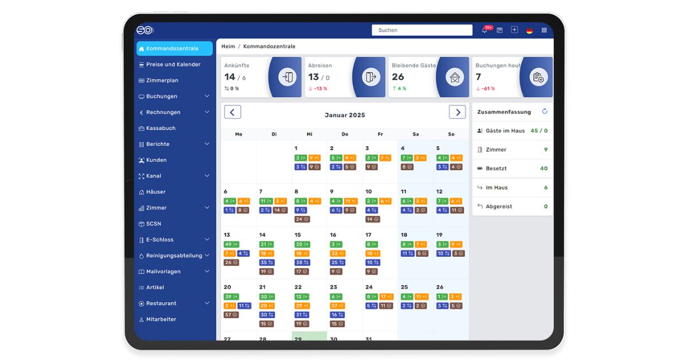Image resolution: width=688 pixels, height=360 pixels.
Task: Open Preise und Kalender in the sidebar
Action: pyautogui.click(x=173, y=65)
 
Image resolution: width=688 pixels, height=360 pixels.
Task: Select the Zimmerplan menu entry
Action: pyautogui.click(x=162, y=81)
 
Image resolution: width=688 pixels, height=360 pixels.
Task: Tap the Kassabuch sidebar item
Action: pyautogui.click(x=161, y=128)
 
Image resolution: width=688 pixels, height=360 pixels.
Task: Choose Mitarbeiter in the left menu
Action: pyautogui.click(x=161, y=319)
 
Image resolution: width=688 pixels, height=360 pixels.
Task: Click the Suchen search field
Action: pyautogui.click(x=421, y=30)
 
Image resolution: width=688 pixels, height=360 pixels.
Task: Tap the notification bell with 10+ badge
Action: pyautogui.click(x=484, y=30)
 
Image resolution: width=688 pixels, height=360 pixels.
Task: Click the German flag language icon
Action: pyautogui.click(x=529, y=30)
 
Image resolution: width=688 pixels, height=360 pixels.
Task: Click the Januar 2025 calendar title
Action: pyautogui.click(x=345, y=115)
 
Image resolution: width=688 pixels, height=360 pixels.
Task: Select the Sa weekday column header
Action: pyautogui.click(x=416, y=134)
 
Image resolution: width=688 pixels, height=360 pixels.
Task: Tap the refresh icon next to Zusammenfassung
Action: pyautogui.click(x=545, y=112)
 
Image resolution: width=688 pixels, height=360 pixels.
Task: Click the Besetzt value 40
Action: pyautogui.click(x=544, y=169)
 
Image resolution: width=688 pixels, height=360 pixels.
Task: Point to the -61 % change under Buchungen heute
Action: pyautogui.click(x=488, y=89)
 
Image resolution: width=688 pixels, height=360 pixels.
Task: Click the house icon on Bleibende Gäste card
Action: pyautogui.click(x=455, y=77)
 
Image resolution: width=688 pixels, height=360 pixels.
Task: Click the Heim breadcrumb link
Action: pyautogui.click(x=228, y=46)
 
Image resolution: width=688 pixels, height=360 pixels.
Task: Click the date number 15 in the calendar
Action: pyautogui.click(x=298, y=235)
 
